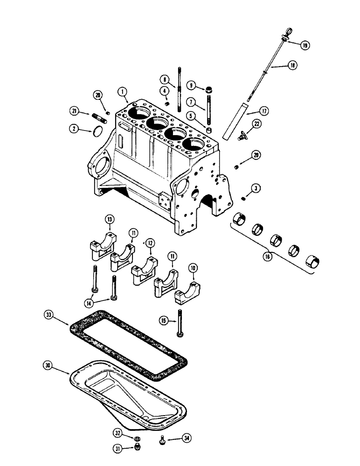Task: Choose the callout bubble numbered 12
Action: [150, 243]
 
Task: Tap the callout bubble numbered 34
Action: [187, 438]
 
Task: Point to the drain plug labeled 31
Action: [137, 449]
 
